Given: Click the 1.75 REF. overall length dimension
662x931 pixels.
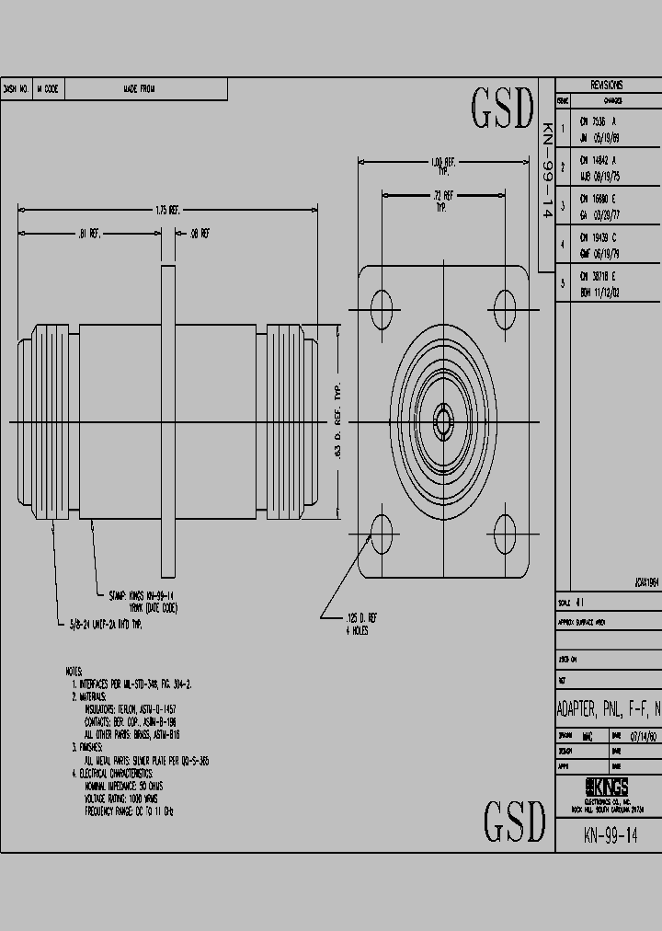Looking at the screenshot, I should [166, 210].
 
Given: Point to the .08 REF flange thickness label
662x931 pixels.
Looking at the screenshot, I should [200, 234].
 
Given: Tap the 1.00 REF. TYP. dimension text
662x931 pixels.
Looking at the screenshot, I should [443, 167].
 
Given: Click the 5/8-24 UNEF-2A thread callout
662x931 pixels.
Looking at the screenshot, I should [107, 624].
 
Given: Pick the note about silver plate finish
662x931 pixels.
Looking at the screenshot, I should [146, 762].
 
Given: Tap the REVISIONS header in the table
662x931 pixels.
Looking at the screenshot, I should [607, 84].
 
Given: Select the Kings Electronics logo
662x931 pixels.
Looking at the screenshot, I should [607, 787].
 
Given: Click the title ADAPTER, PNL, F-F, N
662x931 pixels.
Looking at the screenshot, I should [609, 709].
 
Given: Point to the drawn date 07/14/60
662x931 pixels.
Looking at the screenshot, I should [642, 735].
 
